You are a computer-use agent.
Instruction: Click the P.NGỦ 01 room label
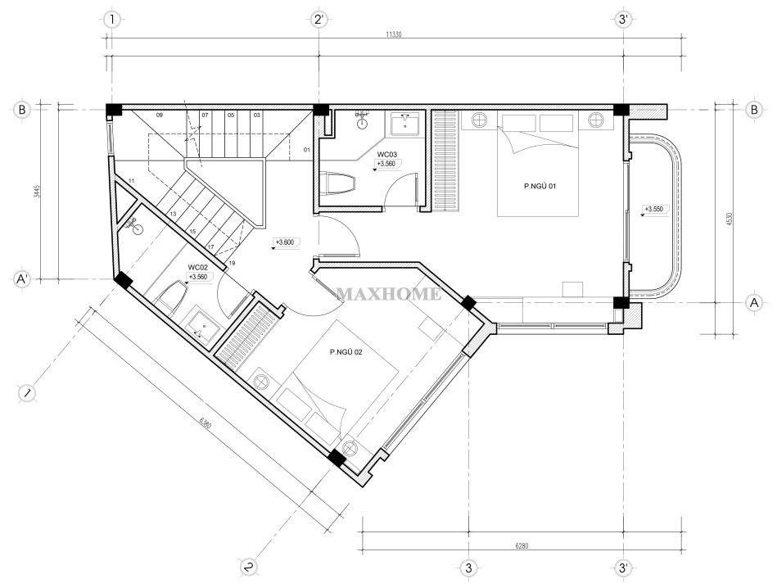click(x=540, y=187)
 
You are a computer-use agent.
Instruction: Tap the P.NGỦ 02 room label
click(x=346, y=352)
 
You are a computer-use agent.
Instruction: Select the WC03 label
click(x=387, y=155)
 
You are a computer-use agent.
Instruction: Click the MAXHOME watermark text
click(x=389, y=294)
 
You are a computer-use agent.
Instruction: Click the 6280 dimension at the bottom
click(x=522, y=546)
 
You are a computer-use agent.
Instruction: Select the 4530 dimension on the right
click(x=729, y=219)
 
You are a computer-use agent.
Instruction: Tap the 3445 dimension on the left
click(x=36, y=192)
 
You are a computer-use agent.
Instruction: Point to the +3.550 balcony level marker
click(x=653, y=209)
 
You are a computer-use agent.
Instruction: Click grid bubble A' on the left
click(x=21, y=279)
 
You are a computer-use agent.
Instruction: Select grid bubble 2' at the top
click(x=318, y=20)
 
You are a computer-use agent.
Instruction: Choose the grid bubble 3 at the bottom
click(x=469, y=568)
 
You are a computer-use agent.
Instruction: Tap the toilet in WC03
click(x=338, y=184)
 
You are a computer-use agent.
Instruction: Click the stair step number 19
click(x=232, y=263)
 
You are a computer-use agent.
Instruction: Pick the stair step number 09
click(x=160, y=115)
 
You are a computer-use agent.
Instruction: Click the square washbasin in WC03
click(x=405, y=124)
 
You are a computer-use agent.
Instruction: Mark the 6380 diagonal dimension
click(x=206, y=424)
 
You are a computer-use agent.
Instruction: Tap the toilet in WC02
click(x=171, y=296)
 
